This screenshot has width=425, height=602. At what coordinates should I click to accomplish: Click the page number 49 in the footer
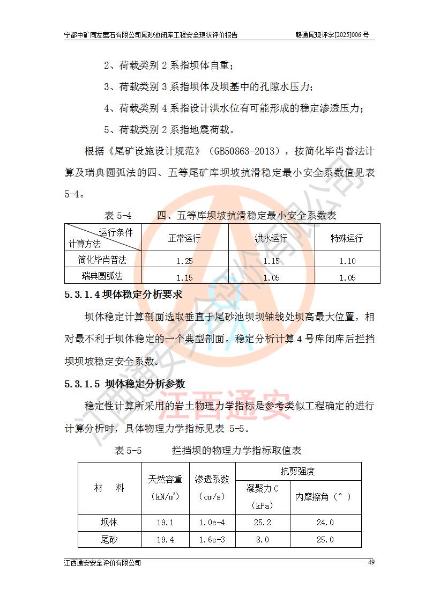click(x=371, y=562)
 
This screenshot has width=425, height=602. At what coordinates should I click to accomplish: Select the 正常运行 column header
click(x=184, y=238)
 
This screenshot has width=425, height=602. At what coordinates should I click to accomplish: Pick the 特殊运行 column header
click(x=347, y=238)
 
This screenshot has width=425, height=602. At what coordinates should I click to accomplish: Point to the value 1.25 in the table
click(x=184, y=261)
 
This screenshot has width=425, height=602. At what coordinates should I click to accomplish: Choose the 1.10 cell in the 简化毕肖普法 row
click(x=347, y=261)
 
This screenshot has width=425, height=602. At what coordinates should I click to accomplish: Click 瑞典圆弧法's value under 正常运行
click(x=184, y=278)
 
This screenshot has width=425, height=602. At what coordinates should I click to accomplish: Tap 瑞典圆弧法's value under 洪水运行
click(x=271, y=278)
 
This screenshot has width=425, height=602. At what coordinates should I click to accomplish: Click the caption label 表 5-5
click(x=128, y=450)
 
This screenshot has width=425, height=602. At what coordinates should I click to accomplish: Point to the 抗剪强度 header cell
click(x=297, y=472)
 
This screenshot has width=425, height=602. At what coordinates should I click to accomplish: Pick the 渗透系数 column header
click(x=212, y=479)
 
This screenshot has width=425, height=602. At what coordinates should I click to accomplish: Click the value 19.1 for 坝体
click(x=165, y=523)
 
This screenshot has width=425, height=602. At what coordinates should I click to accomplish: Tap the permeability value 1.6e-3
click(x=212, y=540)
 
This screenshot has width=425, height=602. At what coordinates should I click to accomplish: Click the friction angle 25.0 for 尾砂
click(x=325, y=540)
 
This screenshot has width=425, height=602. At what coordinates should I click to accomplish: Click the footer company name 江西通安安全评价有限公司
click(x=102, y=563)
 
